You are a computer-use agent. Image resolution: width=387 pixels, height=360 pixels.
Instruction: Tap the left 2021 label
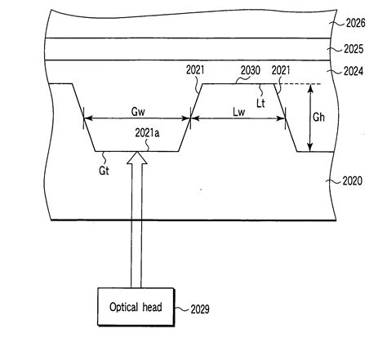click(x=195, y=72)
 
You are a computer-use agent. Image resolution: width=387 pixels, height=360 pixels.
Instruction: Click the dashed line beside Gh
click(x=300, y=83)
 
